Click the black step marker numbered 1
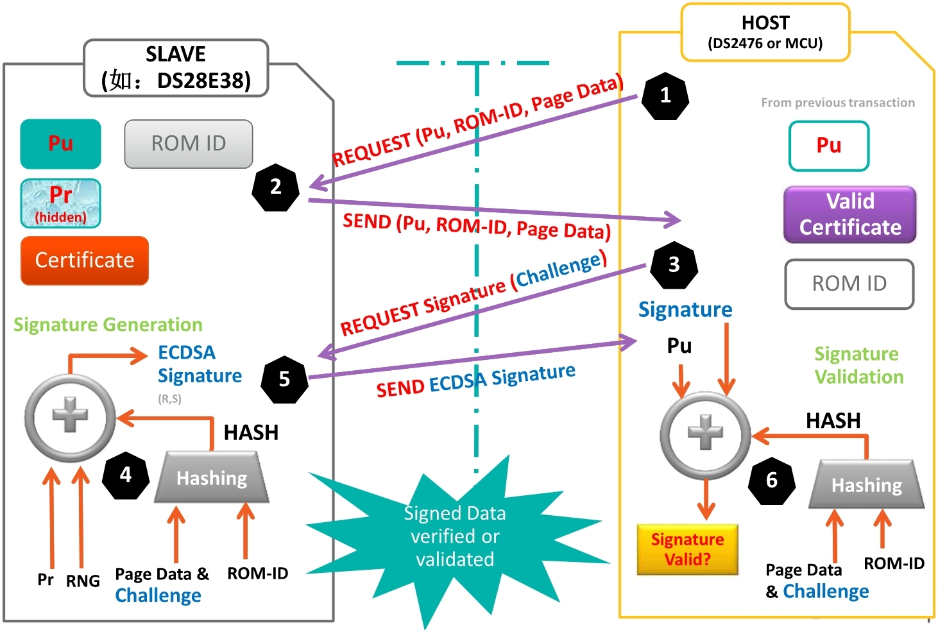(x=665, y=96)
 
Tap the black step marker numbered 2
(x=276, y=187)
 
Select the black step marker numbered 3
(x=674, y=265)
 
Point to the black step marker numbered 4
(x=126, y=475)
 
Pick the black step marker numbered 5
(x=284, y=379)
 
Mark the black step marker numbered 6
(x=772, y=480)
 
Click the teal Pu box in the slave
(x=60, y=144)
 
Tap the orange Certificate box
(x=85, y=260)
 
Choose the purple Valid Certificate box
(x=850, y=215)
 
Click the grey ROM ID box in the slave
(x=189, y=144)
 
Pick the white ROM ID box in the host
(x=849, y=284)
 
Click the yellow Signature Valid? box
(x=687, y=549)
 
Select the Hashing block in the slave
(x=212, y=478)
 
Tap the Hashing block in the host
(x=867, y=485)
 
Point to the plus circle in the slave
(x=70, y=417)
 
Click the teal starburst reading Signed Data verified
(x=454, y=536)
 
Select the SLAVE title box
(x=176, y=68)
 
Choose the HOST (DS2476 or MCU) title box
(x=765, y=33)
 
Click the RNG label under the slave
(x=83, y=581)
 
